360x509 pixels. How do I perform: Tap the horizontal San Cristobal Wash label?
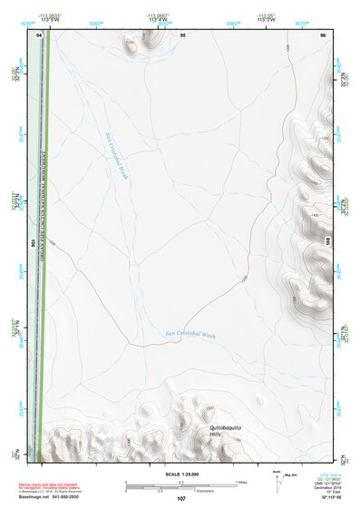click(190, 335)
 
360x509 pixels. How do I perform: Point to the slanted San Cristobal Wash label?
click(118, 146)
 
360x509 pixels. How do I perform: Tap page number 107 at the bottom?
click(180, 499)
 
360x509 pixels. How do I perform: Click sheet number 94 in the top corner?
click(39, 34)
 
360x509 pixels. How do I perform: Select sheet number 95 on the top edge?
click(182, 34)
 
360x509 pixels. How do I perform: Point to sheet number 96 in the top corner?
click(323, 34)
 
